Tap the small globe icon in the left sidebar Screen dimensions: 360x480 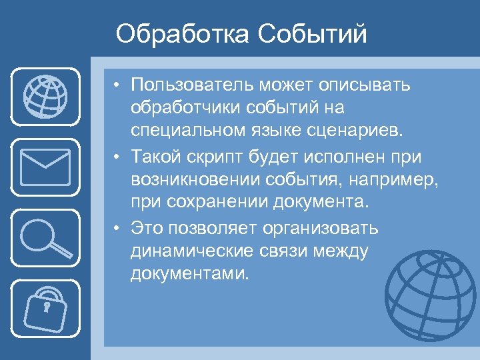tap(45, 98)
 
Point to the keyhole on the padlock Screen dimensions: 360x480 tap(47, 308)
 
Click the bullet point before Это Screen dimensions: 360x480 tap(117, 229)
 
